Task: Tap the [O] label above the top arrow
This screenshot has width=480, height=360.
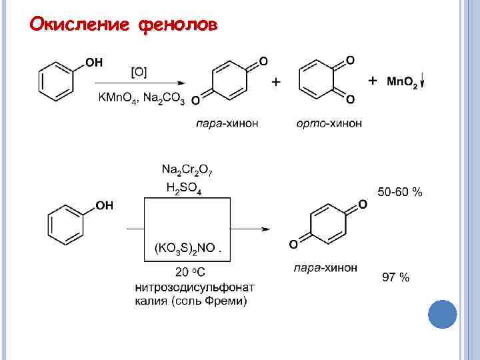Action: [x=141, y=71]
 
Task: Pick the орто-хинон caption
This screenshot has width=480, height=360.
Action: [x=329, y=124]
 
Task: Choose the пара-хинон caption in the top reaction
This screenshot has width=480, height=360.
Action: [x=227, y=124]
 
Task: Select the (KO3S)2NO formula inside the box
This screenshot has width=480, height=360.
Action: [x=185, y=248]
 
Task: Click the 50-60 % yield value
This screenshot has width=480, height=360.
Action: [x=400, y=193]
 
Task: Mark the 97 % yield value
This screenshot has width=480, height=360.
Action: [x=395, y=277]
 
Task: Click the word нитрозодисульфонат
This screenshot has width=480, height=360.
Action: [x=194, y=287]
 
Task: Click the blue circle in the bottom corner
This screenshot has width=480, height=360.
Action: [x=441, y=313]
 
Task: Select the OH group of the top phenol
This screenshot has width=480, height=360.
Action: [x=94, y=62]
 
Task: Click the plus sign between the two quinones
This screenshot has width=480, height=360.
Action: [x=275, y=82]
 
